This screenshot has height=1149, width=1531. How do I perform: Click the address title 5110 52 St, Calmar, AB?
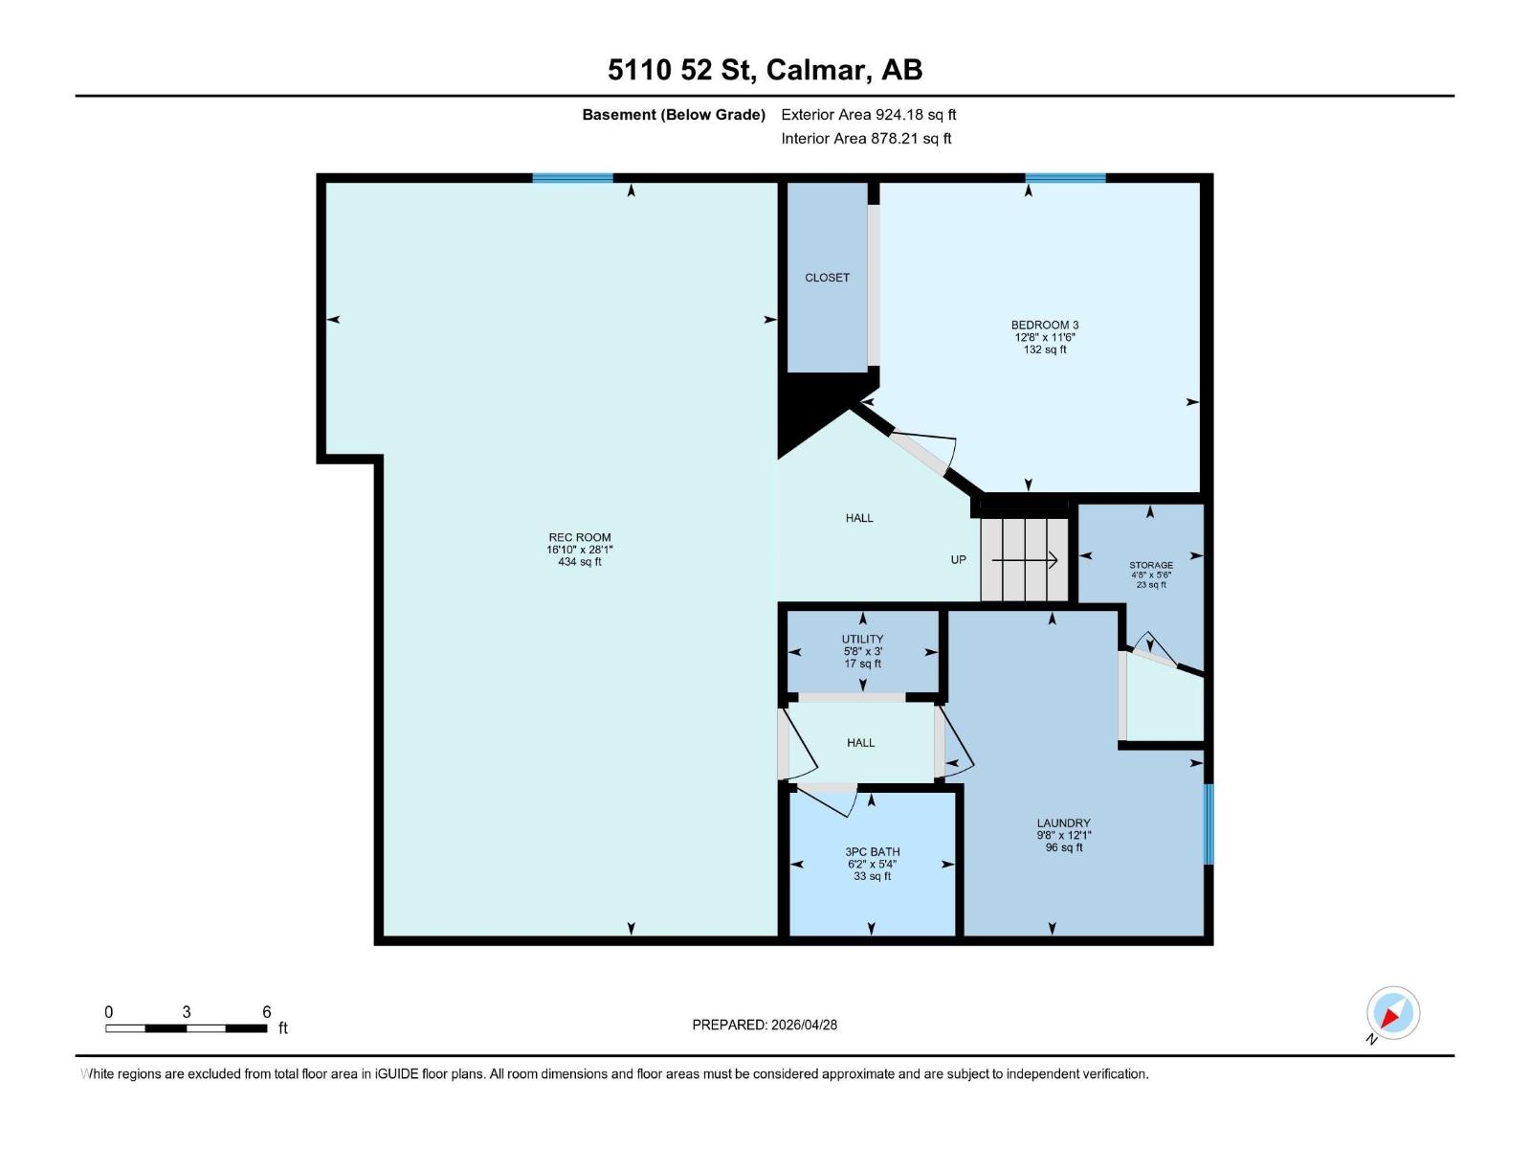(x=765, y=70)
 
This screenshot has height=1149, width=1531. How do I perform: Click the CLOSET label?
(x=827, y=278)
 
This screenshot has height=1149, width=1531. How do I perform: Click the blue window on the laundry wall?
(x=1209, y=823)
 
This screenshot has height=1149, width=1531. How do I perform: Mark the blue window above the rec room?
(x=572, y=178)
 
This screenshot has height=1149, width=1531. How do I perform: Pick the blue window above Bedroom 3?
(x=1065, y=178)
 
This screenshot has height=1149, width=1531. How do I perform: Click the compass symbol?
(x=1392, y=1013)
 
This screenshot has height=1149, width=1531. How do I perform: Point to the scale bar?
(x=187, y=1027)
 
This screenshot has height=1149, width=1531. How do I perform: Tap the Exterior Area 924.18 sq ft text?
(x=868, y=115)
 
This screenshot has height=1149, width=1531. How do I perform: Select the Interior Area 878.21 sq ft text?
(x=866, y=138)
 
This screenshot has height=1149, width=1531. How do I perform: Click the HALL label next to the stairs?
(x=859, y=518)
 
